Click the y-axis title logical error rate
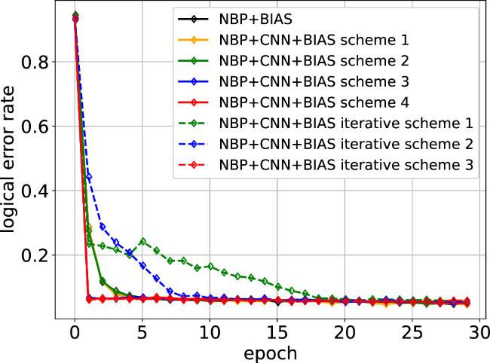click(14, 166)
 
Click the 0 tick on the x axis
click(75, 332)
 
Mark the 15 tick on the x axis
click(278, 332)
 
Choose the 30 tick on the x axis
click(481, 332)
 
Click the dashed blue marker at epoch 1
click(89, 176)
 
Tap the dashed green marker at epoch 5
click(142, 242)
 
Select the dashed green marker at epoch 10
click(210, 266)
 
